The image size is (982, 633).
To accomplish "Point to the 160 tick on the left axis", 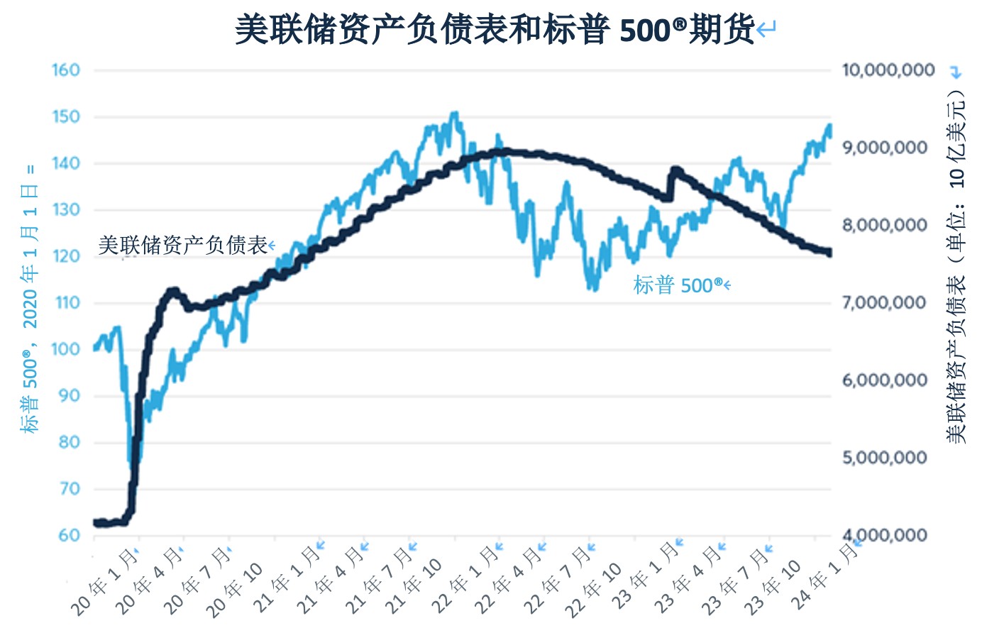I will click(x=66, y=70).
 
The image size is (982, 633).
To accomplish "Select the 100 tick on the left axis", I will click(x=66, y=349).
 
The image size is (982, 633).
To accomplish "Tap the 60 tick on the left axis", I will click(x=69, y=535).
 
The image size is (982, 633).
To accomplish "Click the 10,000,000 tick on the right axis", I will click(x=888, y=70).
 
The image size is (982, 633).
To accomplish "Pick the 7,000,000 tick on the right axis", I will click(x=888, y=303).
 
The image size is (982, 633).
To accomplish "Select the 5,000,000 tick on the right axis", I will click(x=888, y=458).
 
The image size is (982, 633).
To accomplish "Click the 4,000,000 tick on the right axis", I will click(x=888, y=535).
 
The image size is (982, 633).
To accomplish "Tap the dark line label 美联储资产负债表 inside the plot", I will click(x=183, y=246).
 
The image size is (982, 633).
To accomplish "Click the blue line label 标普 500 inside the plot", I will click(x=678, y=286).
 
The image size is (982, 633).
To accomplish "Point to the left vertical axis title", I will click(x=30, y=298).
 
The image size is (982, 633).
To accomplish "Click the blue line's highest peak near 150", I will click(x=454, y=113).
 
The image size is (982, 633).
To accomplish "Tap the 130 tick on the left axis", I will click(x=66, y=210).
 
